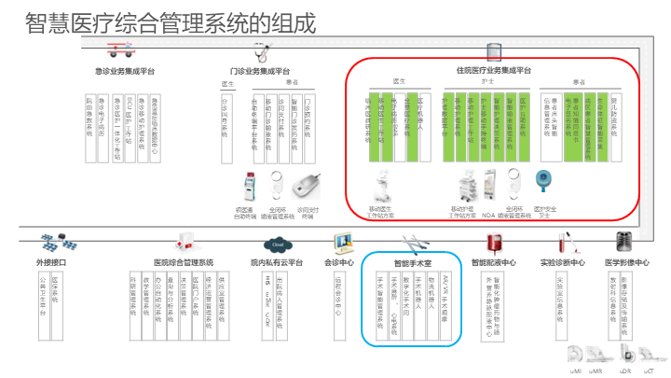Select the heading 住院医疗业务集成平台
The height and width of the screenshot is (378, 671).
point(493,70)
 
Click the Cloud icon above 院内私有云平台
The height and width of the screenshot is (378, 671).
point(277,245)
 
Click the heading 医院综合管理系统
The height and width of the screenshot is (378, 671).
point(184,263)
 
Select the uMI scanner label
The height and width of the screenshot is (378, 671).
point(575,370)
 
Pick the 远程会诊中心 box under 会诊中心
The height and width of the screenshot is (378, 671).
point(338,297)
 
